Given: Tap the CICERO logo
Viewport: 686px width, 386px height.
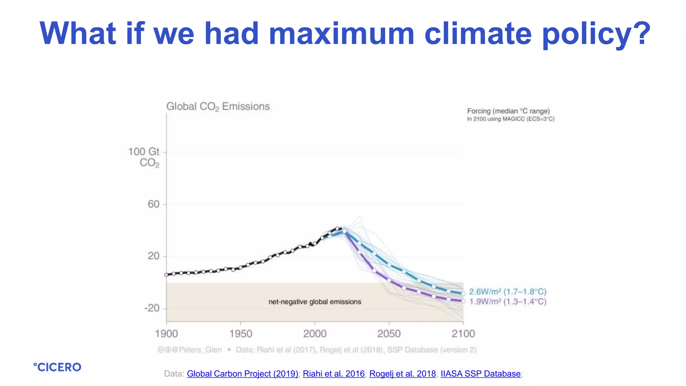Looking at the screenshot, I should point(57,367).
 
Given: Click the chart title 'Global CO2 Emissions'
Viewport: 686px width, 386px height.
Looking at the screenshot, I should point(218,107).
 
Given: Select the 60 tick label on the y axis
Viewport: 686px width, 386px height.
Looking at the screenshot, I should point(154,204).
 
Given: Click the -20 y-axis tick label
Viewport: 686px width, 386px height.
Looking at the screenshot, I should point(152,308).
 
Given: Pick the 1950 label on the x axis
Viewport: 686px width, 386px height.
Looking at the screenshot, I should point(241,334).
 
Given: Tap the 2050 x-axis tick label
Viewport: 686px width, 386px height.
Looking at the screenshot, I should point(389,334).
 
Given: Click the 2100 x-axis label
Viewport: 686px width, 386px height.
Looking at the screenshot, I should point(463,334).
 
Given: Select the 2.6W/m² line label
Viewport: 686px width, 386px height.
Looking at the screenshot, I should point(507,292).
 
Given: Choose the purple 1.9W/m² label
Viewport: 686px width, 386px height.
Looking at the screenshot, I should point(507,302).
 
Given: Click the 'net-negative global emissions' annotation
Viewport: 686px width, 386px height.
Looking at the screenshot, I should point(315,302).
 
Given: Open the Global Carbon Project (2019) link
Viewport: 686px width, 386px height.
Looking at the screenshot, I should point(243,374).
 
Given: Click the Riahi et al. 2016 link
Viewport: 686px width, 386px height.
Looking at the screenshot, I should point(334,374).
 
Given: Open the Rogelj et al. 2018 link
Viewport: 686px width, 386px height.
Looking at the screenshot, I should point(403,374).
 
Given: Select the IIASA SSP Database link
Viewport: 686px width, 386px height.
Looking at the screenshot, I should point(480,374).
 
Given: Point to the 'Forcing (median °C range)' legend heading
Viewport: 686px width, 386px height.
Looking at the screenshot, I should point(508,111).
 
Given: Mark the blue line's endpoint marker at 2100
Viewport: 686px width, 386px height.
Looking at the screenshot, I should point(464,294).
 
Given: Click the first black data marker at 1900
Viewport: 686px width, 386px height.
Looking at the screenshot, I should point(166,275).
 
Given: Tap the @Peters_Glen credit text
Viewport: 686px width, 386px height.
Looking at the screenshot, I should point(200,350).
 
